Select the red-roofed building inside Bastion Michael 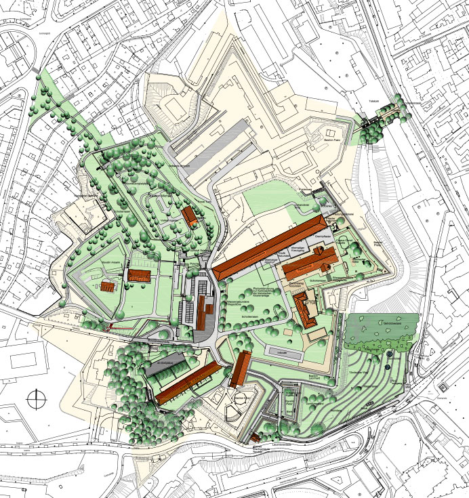(x=189, y=217)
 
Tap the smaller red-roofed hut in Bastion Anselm (x=109, y=285)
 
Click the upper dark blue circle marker (x=390, y=354)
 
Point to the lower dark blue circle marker (x=386, y=367)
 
